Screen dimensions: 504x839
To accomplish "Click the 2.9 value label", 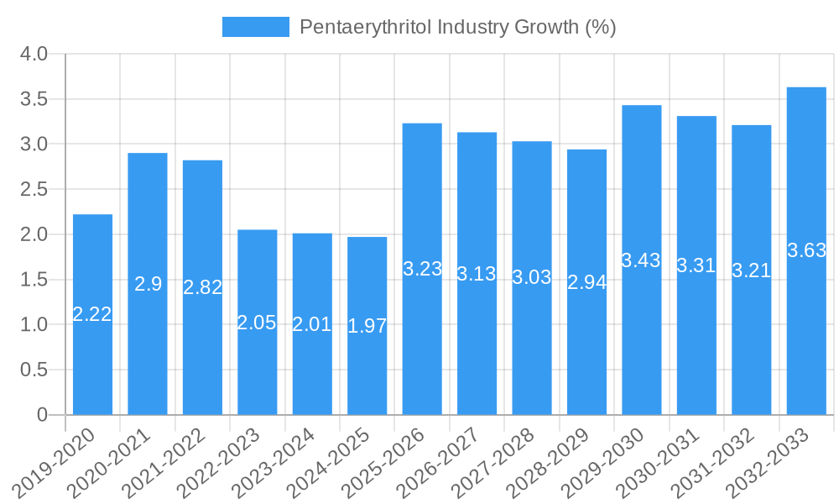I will [148, 284].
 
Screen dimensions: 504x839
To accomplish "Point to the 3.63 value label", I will [806, 250].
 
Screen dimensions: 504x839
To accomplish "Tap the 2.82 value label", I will [203, 287].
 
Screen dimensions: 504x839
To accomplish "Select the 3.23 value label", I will [422, 269].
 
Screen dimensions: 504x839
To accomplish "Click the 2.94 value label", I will [587, 282].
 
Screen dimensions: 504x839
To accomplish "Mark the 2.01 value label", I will [312, 324].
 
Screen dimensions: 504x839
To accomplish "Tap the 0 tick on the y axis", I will [43, 415].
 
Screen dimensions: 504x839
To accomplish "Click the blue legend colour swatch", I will [255, 27].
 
